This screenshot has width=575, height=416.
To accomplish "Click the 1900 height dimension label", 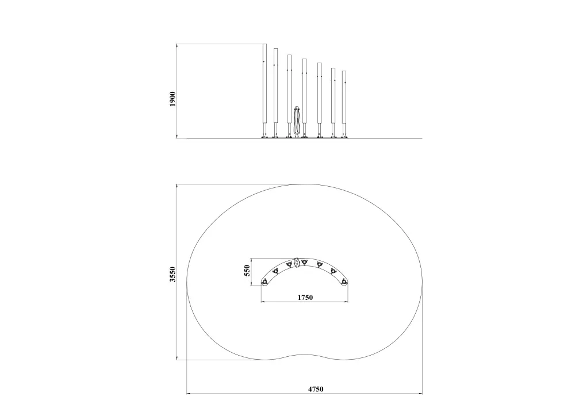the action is coord(172,99).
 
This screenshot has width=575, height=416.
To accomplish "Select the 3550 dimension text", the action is coord(172,274).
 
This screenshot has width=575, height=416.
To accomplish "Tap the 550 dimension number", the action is coord(247,271).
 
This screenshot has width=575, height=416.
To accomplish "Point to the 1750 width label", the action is coord(305,297).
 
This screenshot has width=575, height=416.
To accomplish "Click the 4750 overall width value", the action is coord(315,389).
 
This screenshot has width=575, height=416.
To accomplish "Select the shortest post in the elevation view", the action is coord(344,105).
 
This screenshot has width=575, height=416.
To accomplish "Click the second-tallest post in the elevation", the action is coord(275,93).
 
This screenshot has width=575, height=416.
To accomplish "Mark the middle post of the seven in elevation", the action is coord(304,98).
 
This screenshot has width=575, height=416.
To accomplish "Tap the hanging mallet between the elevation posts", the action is coord(297,121).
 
